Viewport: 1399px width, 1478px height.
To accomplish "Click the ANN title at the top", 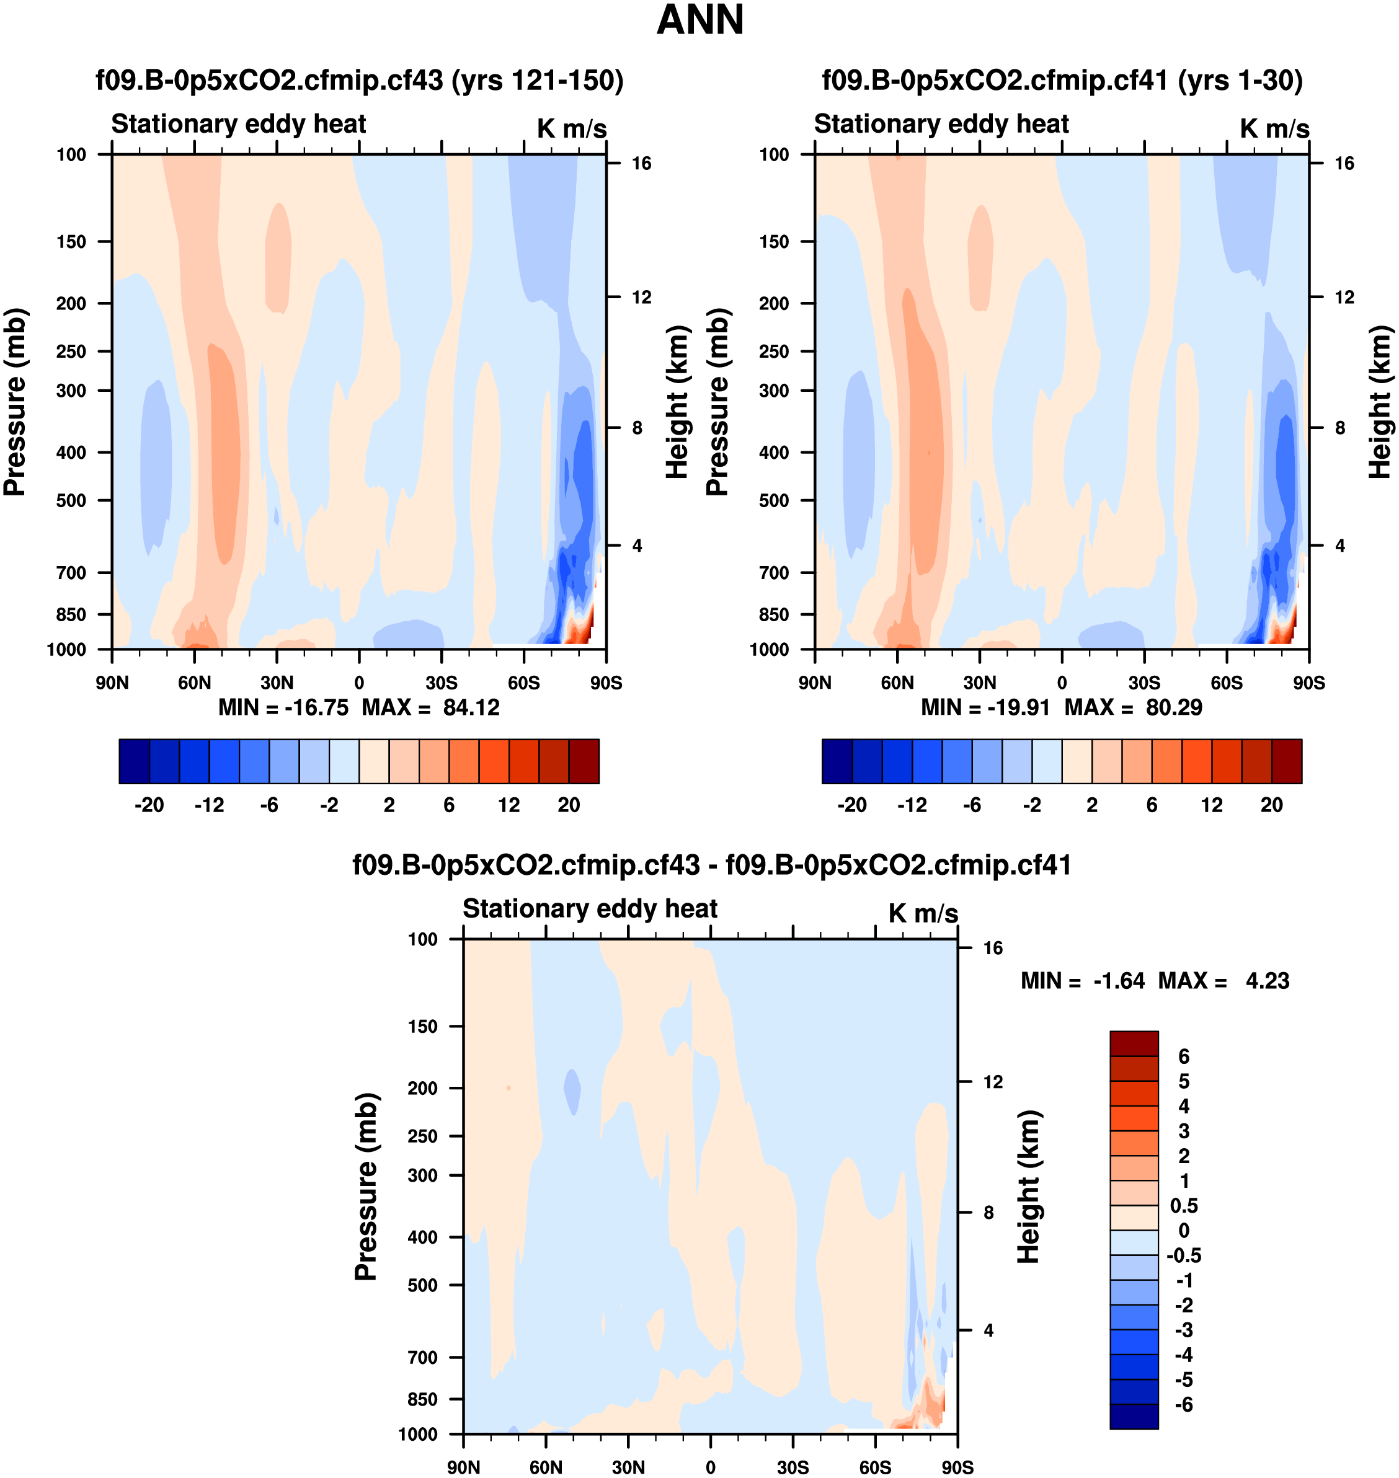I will [699, 20].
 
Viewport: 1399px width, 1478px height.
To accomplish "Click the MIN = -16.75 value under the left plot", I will [283, 707].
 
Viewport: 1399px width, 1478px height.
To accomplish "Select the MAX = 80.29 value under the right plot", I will [1133, 707].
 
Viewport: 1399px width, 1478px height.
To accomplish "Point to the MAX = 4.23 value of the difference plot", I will [1223, 981].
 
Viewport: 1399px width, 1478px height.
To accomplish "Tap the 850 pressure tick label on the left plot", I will [71, 614].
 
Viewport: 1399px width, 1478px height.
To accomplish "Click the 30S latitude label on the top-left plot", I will [442, 683].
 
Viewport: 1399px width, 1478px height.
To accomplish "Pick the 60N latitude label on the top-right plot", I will [897, 683].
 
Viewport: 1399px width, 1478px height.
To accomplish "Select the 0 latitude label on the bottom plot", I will [710, 1467].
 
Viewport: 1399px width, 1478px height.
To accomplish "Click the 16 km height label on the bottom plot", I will [993, 948].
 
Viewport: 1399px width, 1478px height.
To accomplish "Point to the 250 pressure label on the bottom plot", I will [422, 1136].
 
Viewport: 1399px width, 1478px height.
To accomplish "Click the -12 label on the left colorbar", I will [209, 805].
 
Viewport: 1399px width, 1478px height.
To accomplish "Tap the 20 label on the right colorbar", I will [1271, 805].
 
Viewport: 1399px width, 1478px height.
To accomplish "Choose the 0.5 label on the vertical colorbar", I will [1183, 1206].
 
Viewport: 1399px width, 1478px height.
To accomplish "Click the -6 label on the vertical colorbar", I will [1183, 1405].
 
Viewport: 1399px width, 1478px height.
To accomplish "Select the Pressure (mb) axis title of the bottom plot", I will [366, 1185].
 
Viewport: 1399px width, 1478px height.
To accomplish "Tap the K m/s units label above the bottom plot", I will [923, 913].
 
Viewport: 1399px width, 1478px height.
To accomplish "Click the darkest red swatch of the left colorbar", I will [583, 761].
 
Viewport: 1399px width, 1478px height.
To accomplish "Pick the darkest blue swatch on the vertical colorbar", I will [1134, 1416].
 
